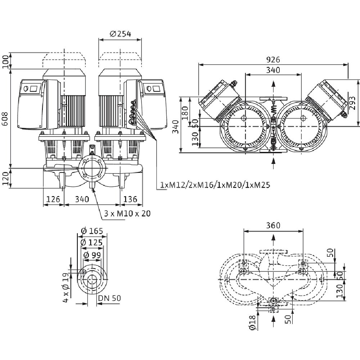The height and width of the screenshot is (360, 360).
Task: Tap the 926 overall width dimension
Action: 273,59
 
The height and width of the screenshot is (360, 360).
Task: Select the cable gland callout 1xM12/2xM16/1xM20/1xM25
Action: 215,185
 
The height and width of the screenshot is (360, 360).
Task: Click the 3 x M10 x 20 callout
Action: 127,213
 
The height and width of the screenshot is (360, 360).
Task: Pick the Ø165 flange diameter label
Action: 92,231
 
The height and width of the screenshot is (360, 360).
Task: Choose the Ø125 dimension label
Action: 92,243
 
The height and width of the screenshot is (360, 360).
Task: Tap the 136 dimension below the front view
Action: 130,199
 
